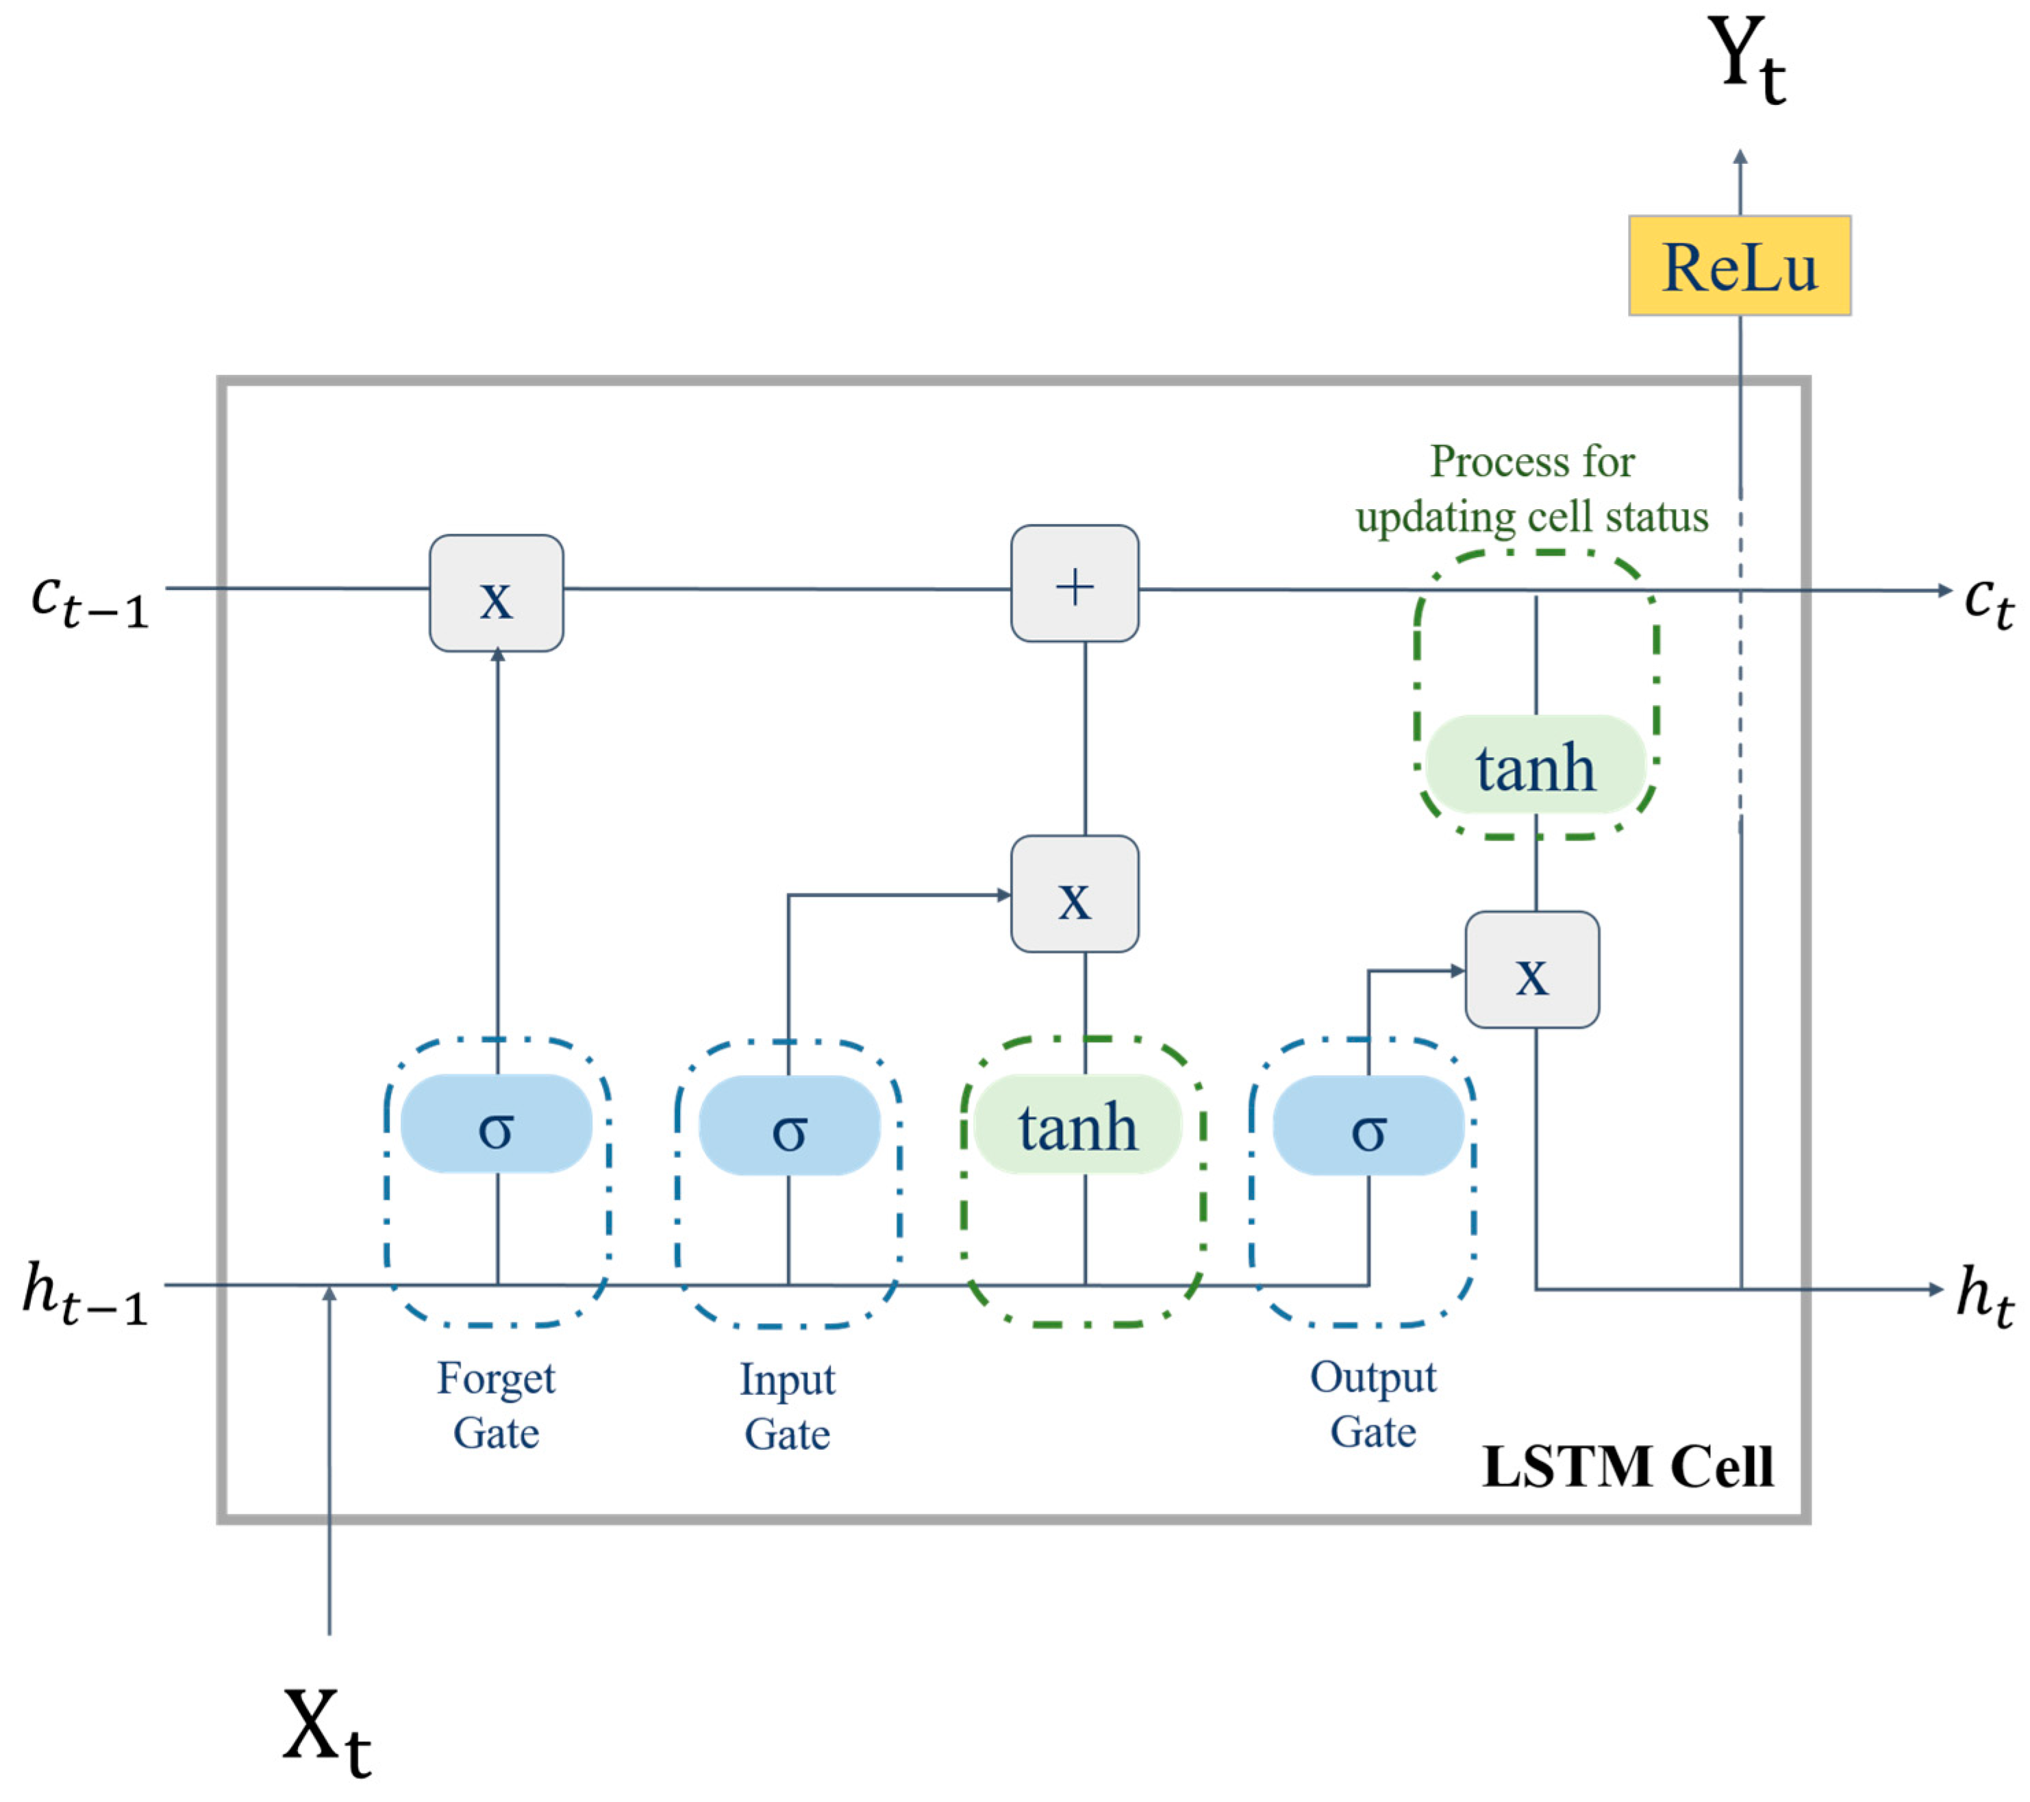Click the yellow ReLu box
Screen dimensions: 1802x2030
pyautogui.click(x=1739, y=267)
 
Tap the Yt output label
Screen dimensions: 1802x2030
pyautogui.click(x=1745, y=62)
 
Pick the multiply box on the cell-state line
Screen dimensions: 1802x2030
pyautogui.click(x=496, y=593)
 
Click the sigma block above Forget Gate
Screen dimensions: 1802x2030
pyautogui.click(x=496, y=1124)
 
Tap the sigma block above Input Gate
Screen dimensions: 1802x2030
pyautogui.click(x=788, y=1126)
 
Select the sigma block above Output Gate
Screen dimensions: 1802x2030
pyautogui.click(x=1368, y=1126)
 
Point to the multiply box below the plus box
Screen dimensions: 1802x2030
pyautogui.click(x=1075, y=894)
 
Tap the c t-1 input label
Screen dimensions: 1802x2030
pyautogui.click(x=90, y=601)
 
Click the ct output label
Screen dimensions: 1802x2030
pyautogui.click(x=1988, y=601)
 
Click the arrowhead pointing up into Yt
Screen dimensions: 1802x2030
pyautogui.click(x=1740, y=156)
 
